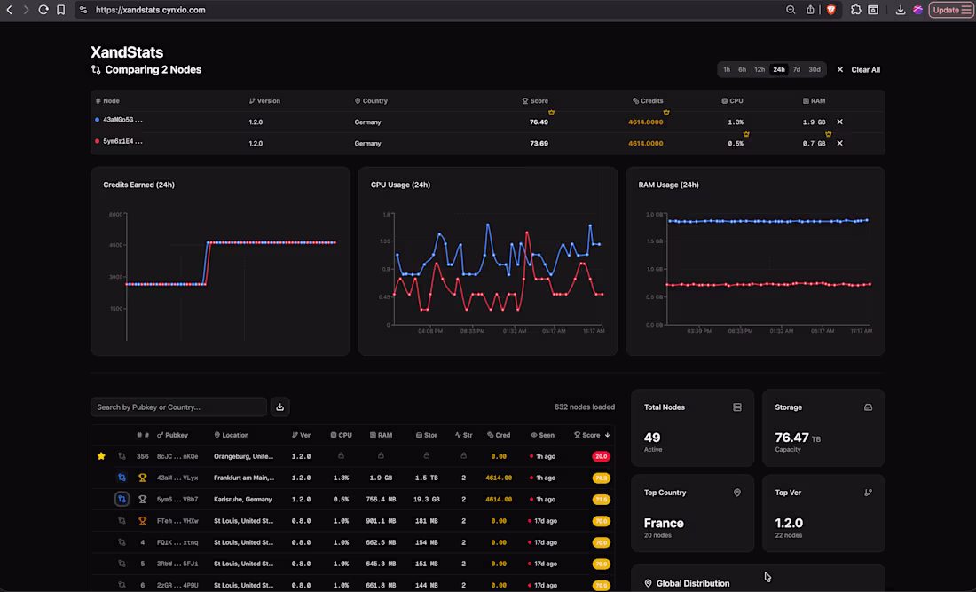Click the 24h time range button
(778, 69)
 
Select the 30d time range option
(815, 69)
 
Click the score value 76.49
(539, 122)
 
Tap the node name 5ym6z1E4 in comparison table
(122, 142)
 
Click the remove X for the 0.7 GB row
(839, 143)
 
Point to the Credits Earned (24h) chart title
(138, 185)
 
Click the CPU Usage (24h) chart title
(400, 185)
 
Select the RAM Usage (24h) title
(668, 185)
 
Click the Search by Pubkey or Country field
(178, 407)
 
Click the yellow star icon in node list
(101, 456)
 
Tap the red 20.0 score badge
(601, 456)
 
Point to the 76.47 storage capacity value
(791, 438)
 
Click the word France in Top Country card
(664, 524)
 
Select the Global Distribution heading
(692, 583)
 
